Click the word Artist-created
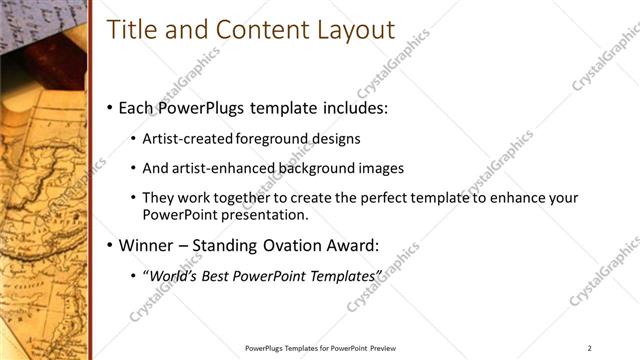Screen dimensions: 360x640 pos(189,138)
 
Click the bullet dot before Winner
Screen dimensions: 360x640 pos(109,246)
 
